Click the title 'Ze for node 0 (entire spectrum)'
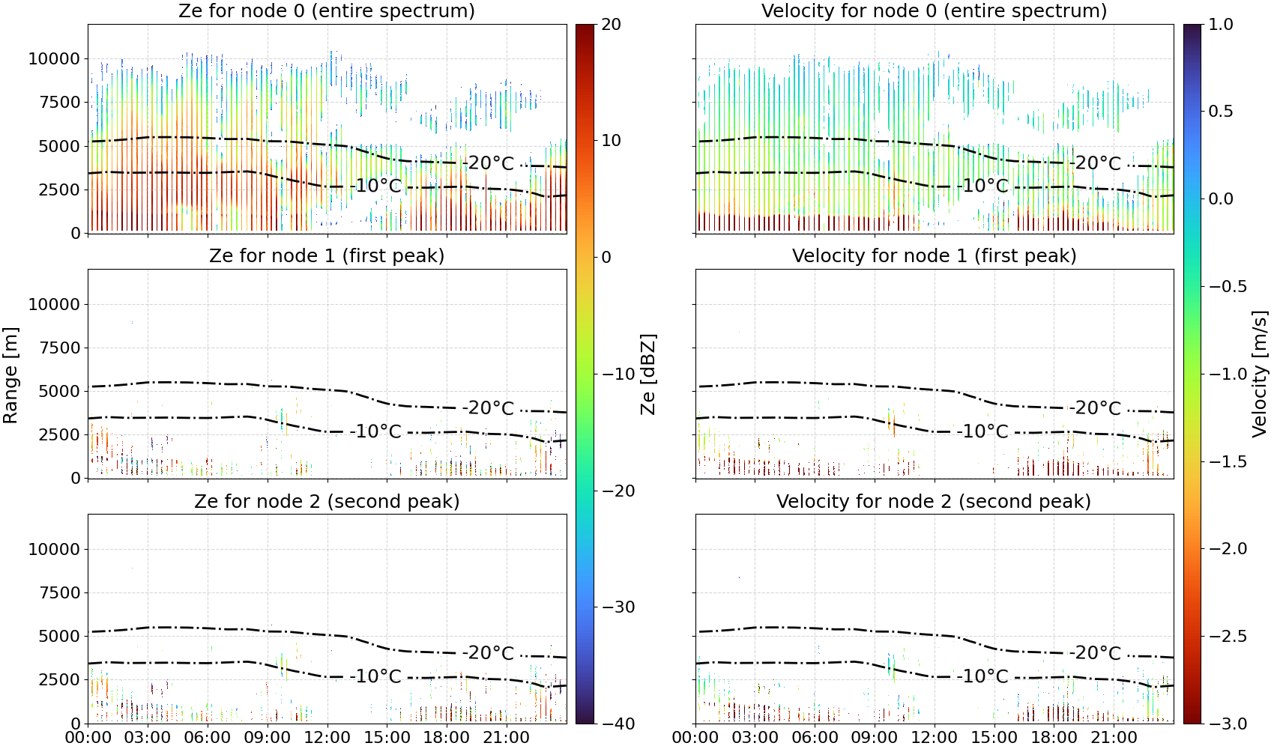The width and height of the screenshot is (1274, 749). pyautogui.click(x=327, y=10)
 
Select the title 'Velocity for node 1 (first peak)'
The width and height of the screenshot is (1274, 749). pyautogui.click(x=934, y=255)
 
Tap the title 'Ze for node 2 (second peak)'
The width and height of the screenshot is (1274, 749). pyautogui.click(x=327, y=501)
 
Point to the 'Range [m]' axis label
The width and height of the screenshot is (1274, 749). pyautogui.click(x=10, y=374)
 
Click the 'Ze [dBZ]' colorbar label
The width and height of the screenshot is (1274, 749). pyautogui.click(x=648, y=374)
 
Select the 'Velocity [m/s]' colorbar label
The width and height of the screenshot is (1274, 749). pyautogui.click(x=1260, y=374)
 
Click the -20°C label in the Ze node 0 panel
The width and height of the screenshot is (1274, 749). pyautogui.click(x=488, y=164)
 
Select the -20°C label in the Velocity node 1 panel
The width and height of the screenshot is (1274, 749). pyautogui.click(x=1095, y=408)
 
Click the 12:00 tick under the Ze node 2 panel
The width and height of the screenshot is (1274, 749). pyautogui.click(x=327, y=738)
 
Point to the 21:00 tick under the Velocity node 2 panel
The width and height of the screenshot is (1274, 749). pyautogui.click(x=1114, y=738)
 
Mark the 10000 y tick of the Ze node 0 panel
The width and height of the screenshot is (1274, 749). pyautogui.click(x=54, y=58)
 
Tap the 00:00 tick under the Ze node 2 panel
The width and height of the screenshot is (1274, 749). pyautogui.click(x=88, y=738)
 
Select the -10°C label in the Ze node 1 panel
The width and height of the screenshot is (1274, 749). pyautogui.click(x=375, y=431)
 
